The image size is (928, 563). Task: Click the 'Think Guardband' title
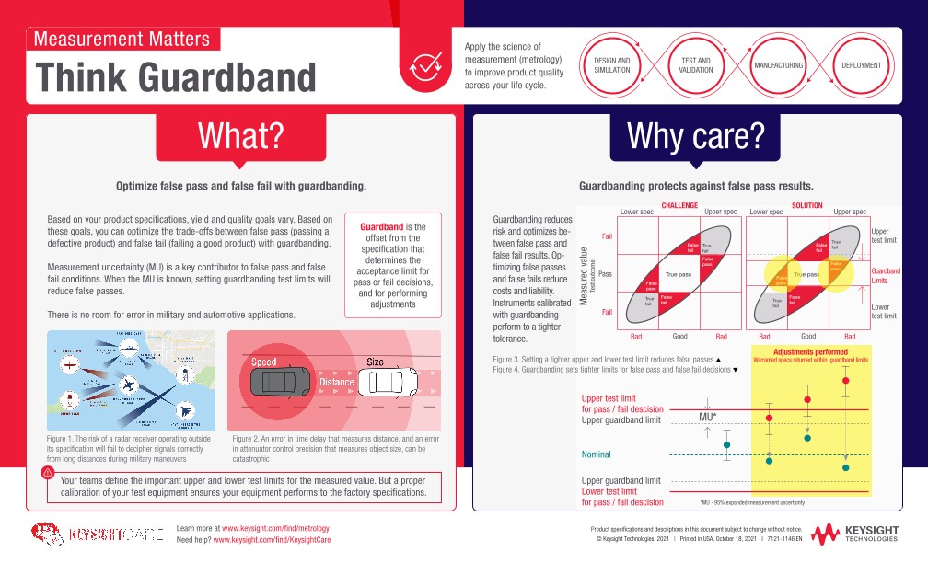pos(176,77)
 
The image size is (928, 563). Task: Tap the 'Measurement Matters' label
pos(122,39)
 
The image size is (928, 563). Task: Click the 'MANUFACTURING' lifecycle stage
pos(779,65)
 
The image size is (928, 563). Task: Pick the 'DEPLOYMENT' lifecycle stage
pos(861,65)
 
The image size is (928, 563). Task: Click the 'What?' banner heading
pos(240,136)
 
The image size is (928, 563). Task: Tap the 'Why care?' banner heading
pos(695,136)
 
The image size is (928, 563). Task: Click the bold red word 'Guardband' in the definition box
pos(381,226)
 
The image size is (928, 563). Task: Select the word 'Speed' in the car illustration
pos(264,362)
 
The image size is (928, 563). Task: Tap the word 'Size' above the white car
pos(376,362)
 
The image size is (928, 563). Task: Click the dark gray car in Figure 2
pos(279,380)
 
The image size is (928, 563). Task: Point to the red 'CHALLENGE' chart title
pos(679,205)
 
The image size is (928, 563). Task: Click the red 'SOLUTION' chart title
pos(807,205)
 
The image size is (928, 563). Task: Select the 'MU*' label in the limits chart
pos(707,416)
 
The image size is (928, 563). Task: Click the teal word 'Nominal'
pos(596,454)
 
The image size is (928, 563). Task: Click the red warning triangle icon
pos(47,473)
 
